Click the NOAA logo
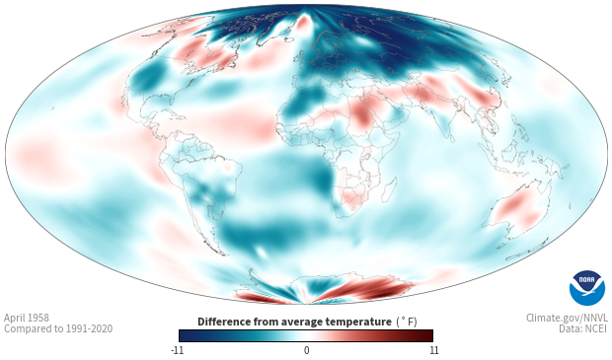587,288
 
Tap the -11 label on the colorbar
177,350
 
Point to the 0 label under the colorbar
306,350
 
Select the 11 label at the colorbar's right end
433,350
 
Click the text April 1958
27,318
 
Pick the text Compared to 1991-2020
58,328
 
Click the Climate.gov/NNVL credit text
567,318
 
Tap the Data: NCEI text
583,328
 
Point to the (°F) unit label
407,322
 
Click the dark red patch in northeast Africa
362,113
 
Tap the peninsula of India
445,125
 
